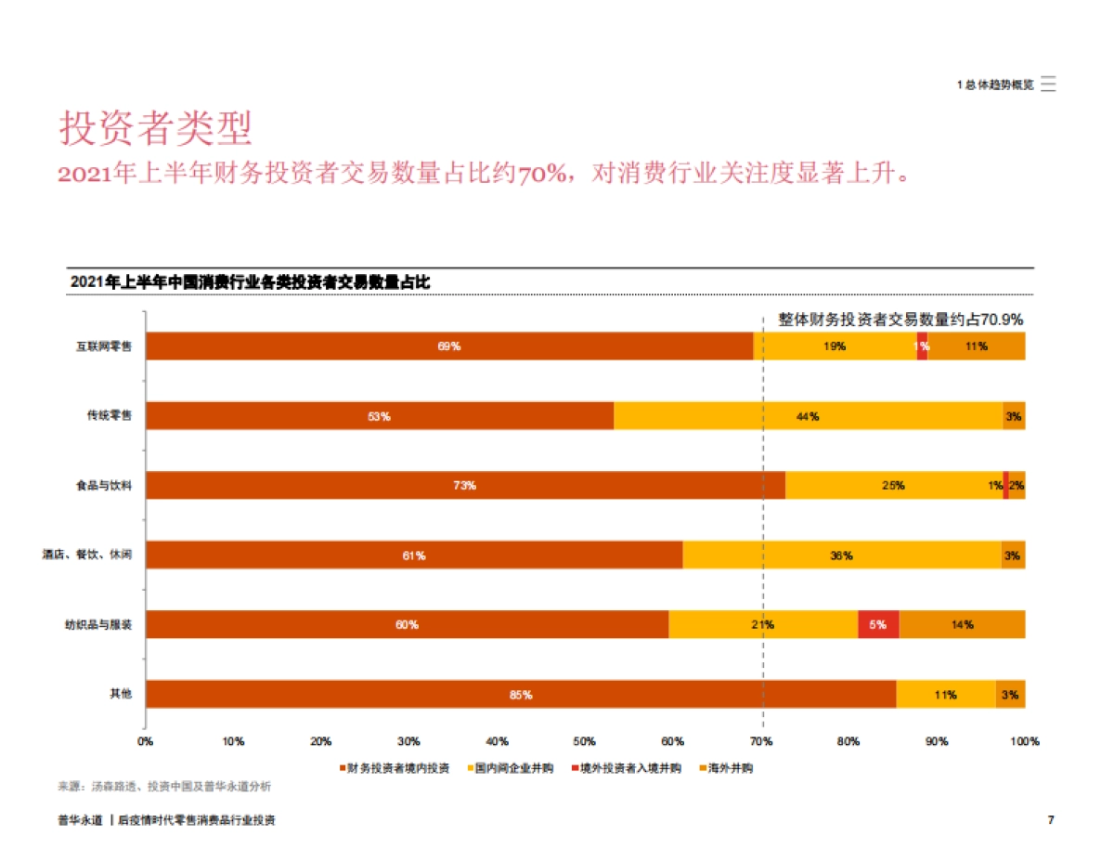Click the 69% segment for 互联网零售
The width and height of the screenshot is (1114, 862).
pos(449,346)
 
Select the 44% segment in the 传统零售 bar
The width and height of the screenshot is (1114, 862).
pos(808,416)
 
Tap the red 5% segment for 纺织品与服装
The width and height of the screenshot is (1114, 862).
pos(878,625)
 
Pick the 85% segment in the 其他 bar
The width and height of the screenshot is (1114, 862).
pos(520,695)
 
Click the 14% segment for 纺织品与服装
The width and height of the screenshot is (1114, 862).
pos(962,625)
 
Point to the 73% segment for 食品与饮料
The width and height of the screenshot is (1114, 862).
pos(465,486)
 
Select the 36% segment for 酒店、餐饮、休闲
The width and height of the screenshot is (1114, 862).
pos(841,555)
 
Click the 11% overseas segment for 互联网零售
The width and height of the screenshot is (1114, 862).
pos(976,346)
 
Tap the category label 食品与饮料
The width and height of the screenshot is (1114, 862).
pos(104,486)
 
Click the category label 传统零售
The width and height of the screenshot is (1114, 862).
pos(110,416)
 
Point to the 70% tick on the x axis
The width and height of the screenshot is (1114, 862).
pos(761,741)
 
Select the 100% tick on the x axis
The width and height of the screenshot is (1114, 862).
pos(1025,741)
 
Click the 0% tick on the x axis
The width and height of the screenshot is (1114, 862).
pos(146,741)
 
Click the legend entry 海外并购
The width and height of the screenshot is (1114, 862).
pos(730,768)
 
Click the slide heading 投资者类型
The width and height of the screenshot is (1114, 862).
pos(155,129)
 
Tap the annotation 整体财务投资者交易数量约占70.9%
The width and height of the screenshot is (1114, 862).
pos(900,320)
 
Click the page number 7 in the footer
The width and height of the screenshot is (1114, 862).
pos(1050,820)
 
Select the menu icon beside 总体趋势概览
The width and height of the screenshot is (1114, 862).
pos(1048,84)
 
